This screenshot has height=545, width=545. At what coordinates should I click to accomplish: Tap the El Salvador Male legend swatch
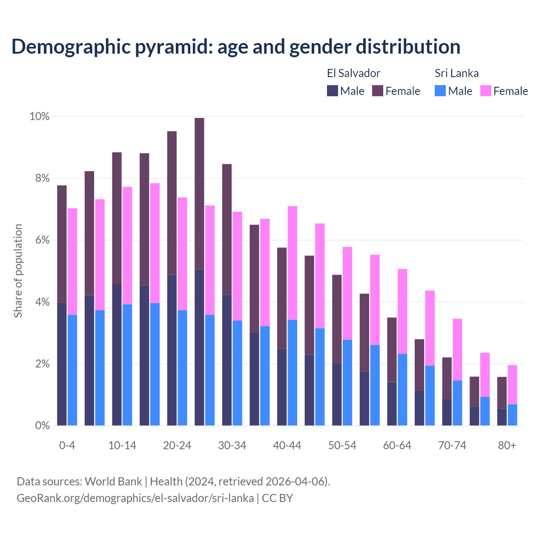coord(333,91)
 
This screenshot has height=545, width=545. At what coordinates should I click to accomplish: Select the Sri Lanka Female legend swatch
coord(485,91)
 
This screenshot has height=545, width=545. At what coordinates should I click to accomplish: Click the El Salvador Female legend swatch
coord(378,91)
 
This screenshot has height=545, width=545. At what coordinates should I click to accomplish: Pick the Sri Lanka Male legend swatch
coord(440,91)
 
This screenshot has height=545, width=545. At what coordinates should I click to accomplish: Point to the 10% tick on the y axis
coord(39,117)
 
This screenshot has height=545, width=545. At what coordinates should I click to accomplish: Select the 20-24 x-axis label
coord(177,446)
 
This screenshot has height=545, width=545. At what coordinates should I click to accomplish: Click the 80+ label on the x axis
coord(507,446)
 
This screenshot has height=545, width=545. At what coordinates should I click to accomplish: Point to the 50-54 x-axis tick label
coord(342,446)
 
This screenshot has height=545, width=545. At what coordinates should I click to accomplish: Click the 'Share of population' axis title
coord(18,271)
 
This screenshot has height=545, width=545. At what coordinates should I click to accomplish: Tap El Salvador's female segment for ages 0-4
coord(62,244)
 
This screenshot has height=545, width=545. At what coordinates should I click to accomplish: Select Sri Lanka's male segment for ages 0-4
coord(72,370)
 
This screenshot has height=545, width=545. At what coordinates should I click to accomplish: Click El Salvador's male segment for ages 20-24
coord(172,350)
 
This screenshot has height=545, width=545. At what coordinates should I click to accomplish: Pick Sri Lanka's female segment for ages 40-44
coord(293,263)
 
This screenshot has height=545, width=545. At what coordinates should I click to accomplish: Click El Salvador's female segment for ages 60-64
coord(392,350)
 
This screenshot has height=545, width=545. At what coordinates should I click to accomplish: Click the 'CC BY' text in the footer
coord(277,498)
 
